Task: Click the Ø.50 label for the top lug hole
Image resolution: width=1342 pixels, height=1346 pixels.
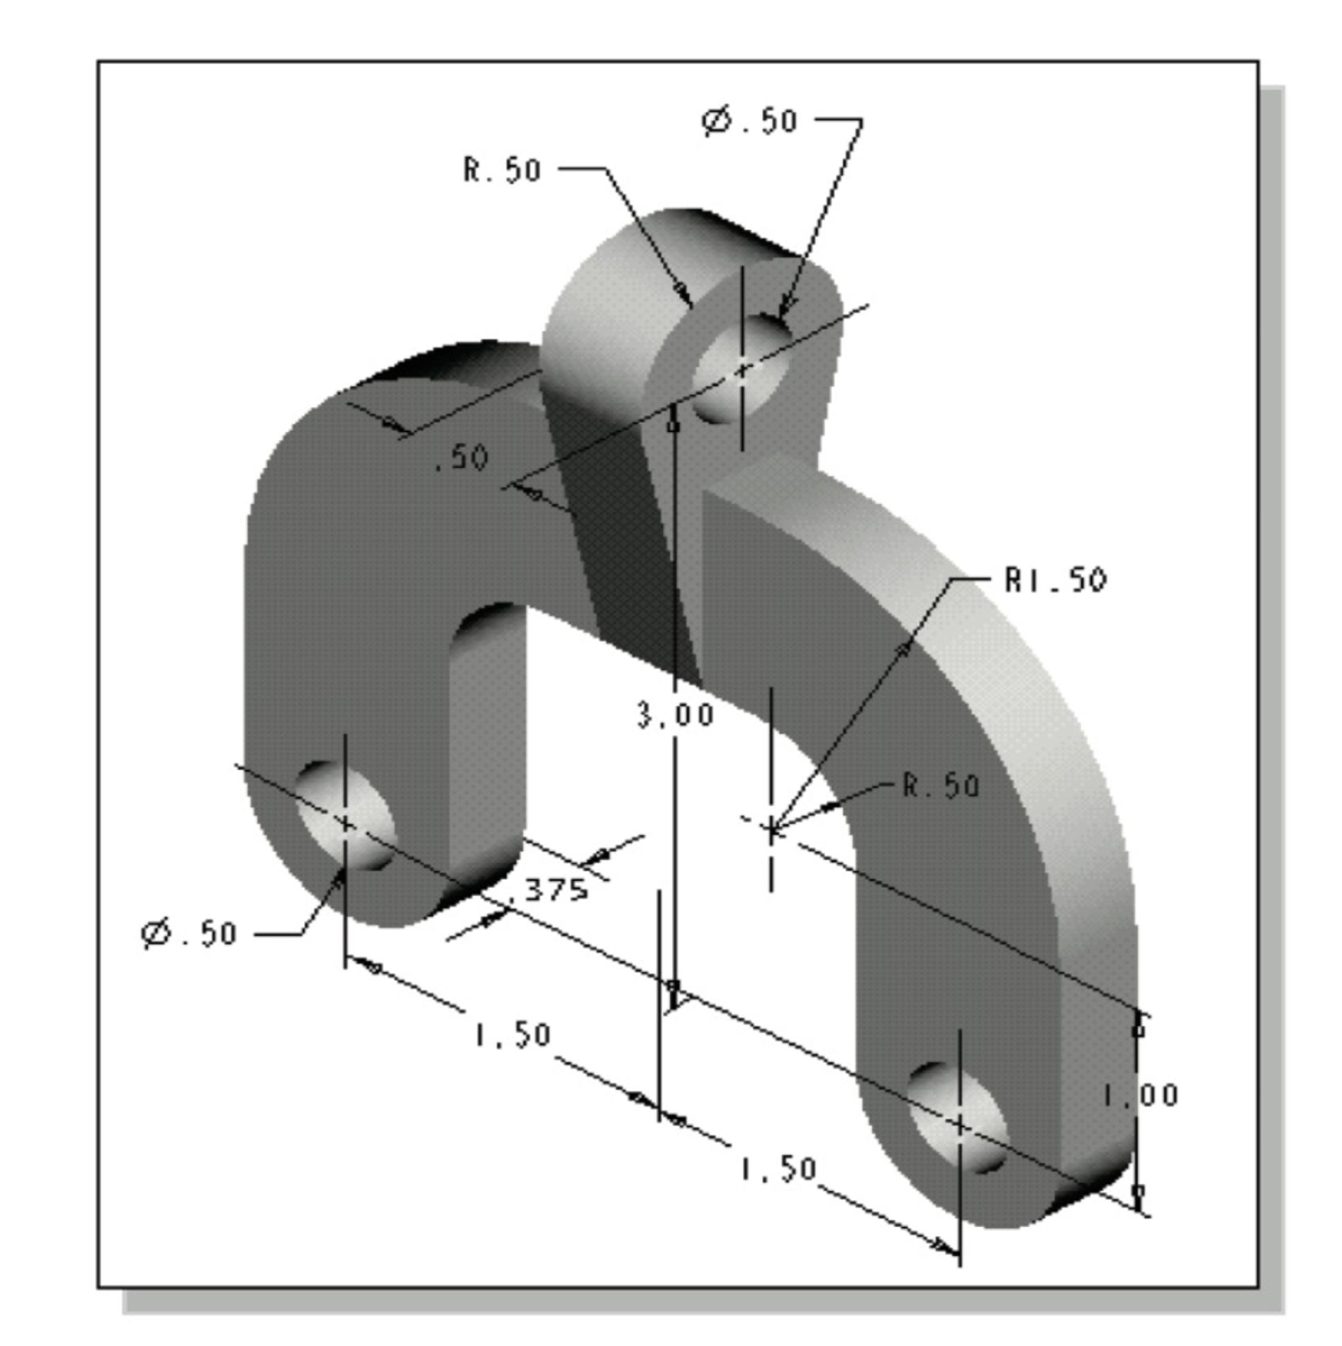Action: [x=750, y=121]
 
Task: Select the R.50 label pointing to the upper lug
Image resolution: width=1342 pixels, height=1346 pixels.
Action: [x=502, y=170]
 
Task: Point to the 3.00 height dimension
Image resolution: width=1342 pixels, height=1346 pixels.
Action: [x=675, y=715]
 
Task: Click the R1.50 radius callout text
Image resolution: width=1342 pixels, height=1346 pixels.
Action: [x=1055, y=580]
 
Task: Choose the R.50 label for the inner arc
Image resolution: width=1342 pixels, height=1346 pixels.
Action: [x=941, y=785]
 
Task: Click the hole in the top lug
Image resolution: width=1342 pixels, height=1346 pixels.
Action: [x=741, y=369]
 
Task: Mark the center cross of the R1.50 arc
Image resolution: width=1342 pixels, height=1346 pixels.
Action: [x=771, y=828]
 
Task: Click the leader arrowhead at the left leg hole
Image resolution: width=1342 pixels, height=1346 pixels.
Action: [x=338, y=881]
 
